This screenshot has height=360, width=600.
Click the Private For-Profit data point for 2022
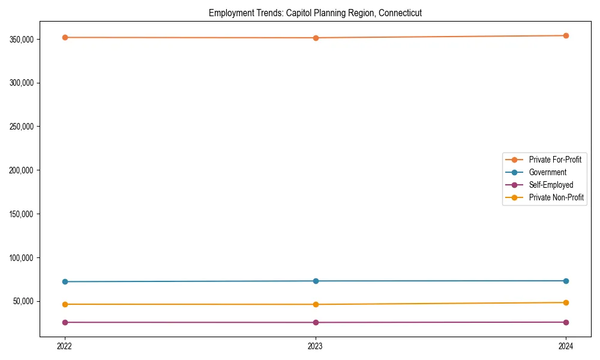coord(65,37)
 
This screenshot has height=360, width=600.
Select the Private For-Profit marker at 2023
coord(316,38)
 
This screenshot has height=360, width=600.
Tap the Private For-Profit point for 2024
coord(566,35)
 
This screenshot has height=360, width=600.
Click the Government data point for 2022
coord(65,281)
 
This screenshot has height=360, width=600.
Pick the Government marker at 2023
coord(316,281)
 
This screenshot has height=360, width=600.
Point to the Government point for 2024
coord(566,281)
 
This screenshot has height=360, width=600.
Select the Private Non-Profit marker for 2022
coord(65,304)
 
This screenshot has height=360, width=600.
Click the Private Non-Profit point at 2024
coord(566,302)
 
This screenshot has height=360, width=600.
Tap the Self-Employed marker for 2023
coord(316,322)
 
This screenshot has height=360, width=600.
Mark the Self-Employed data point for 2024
coord(566,322)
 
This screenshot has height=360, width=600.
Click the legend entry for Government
coord(547,172)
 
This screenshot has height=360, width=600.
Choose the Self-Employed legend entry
coord(551,185)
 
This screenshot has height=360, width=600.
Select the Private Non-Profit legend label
coord(556,197)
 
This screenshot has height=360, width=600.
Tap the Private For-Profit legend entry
coord(555,160)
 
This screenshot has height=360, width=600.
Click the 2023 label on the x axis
coord(316,346)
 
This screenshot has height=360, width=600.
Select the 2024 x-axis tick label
coord(566,346)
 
